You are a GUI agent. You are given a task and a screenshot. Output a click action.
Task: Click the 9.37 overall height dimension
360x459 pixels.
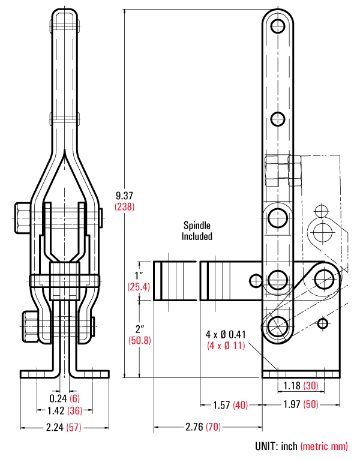tap(124, 195)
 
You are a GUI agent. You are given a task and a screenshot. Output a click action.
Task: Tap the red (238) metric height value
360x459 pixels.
tap(124, 206)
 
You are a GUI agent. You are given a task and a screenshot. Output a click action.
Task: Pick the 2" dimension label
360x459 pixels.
tap(139, 329)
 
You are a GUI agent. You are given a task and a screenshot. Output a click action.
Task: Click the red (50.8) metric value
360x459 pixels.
tap(139, 340)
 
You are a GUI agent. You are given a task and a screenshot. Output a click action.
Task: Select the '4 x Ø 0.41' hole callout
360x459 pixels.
tap(226, 334)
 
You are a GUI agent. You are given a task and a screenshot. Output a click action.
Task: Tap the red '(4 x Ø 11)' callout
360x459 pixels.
tap(226, 346)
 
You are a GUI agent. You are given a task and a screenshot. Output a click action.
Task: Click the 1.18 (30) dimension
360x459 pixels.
tap(301, 385)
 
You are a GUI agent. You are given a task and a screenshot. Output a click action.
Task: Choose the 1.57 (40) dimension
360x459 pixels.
tap(230, 404)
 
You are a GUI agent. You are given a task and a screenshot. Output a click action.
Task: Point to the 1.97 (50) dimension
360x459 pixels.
tap(301, 404)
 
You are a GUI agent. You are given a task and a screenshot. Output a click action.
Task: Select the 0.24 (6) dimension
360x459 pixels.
tap(65, 398)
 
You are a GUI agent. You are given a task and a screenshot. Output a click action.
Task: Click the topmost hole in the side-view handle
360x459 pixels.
tap(277, 26)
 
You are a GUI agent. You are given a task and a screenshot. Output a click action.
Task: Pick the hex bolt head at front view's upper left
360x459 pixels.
tap(21, 217)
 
